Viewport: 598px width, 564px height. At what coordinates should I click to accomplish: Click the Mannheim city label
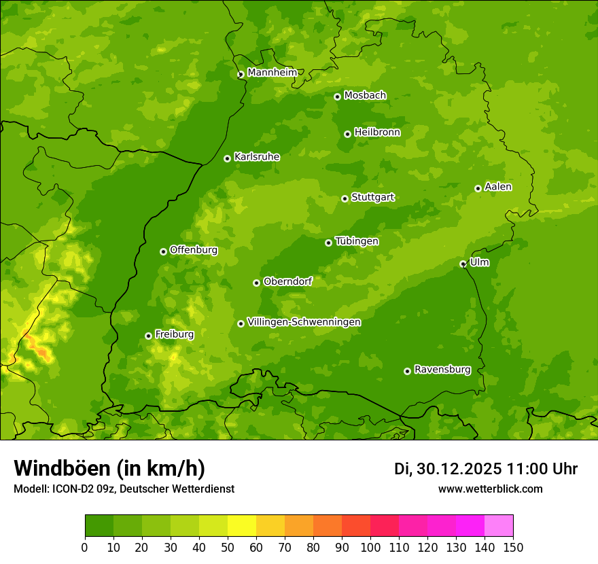click(x=272, y=73)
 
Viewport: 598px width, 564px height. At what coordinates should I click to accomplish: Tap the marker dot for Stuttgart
click(x=345, y=198)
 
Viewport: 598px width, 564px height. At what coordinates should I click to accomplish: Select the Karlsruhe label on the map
click(x=256, y=157)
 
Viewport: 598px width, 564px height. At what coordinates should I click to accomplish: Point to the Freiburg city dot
click(x=149, y=336)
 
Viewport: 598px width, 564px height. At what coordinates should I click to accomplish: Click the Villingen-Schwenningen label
click(x=304, y=322)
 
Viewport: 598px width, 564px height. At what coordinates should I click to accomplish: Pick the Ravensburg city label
click(x=442, y=370)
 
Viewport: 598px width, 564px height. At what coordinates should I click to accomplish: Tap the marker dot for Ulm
click(x=463, y=264)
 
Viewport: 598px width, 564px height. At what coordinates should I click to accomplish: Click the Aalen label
click(x=497, y=187)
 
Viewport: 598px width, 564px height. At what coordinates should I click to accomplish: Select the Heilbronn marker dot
click(x=348, y=134)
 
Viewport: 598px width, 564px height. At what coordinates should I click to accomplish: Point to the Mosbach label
click(x=364, y=96)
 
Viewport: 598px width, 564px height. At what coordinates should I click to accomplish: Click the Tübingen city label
click(x=356, y=241)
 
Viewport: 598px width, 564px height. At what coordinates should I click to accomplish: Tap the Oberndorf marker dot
click(x=257, y=283)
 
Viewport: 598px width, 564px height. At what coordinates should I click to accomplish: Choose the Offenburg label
click(x=193, y=250)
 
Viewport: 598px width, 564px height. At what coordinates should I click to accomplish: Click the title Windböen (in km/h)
click(x=109, y=468)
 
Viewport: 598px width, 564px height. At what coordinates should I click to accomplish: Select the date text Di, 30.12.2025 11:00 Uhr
click(x=485, y=469)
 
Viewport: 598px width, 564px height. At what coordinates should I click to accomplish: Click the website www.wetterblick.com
click(x=490, y=489)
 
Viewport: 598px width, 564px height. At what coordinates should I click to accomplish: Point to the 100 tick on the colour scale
click(x=370, y=546)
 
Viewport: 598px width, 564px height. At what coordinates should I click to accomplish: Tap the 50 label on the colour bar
click(x=228, y=546)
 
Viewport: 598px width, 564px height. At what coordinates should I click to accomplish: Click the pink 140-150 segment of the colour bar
click(x=499, y=525)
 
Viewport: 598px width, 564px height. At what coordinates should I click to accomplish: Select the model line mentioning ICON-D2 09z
click(x=124, y=489)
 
